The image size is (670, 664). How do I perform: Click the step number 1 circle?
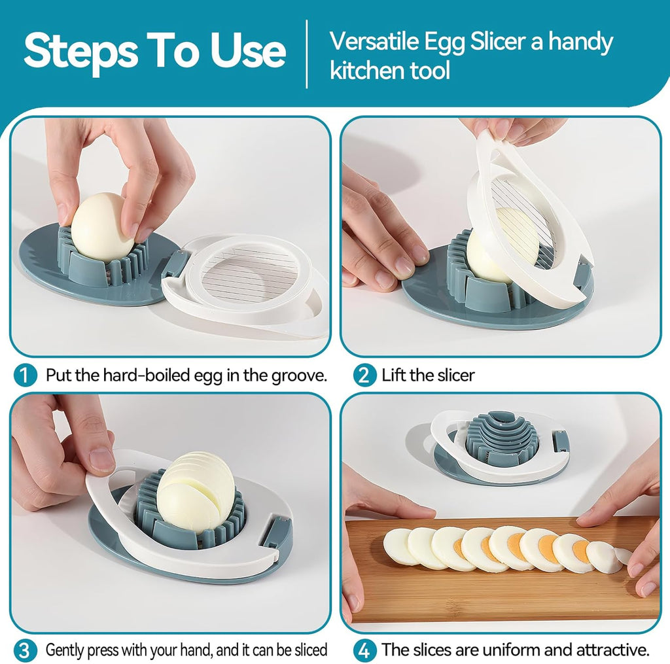(x=24, y=376)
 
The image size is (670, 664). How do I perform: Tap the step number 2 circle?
(x=365, y=376)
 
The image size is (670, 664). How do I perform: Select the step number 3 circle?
(x=24, y=650)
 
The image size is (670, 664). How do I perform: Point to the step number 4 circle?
(x=365, y=650)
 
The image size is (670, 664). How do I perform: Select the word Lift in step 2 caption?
(x=395, y=376)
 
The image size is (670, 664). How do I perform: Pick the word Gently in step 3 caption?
(x=67, y=650)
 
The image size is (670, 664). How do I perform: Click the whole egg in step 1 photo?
(x=103, y=226)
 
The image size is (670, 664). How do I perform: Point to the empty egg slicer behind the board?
(x=501, y=447)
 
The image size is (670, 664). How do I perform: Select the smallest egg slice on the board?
(x=623, y=555)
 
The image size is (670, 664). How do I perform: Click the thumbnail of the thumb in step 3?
(x=102, y=460)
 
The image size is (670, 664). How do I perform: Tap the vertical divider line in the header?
(x=307, y=54)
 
